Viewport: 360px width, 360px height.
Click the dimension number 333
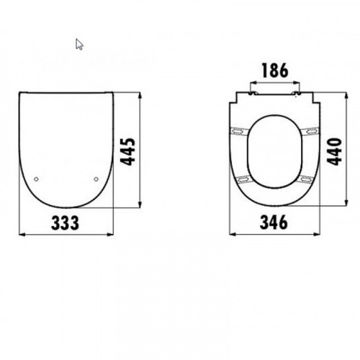(x=65, y=222)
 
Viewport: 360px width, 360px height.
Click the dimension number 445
(x=127, y=152)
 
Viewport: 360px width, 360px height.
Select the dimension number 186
(x=275, y=71)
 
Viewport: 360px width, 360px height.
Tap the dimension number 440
(x=335, y=152)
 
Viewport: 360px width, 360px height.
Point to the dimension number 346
(x=274, y=222)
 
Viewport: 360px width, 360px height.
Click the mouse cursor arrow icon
(x=79, y=45)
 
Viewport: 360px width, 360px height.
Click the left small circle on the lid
(x=36, y=179)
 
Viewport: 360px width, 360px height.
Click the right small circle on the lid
(x=96, y=179)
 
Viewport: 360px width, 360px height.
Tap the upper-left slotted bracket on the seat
(x=238, y=131)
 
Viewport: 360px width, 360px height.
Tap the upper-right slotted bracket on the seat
(x=310, y=131)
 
